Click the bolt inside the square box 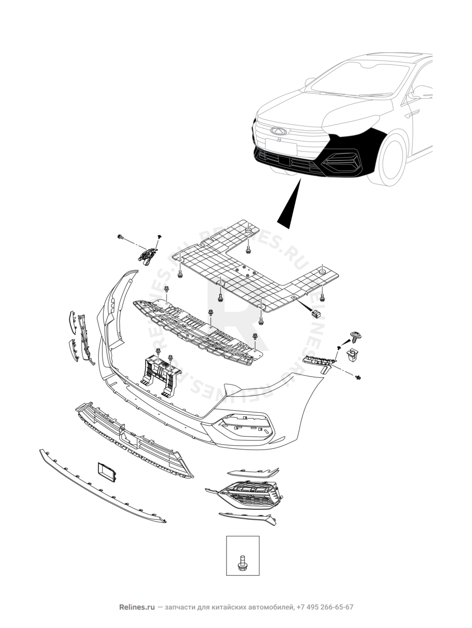(x=242, y=563)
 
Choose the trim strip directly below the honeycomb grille (x=248, y=518)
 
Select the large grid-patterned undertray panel (x=253, y=268)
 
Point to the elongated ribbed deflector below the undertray (x=196, y=331)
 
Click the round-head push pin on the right (x=355, y=336)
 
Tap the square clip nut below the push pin (x=353, y=355)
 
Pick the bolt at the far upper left (x=120, y=237)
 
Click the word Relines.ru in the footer (x=137, y=607)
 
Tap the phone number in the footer (x=325, y=607)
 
